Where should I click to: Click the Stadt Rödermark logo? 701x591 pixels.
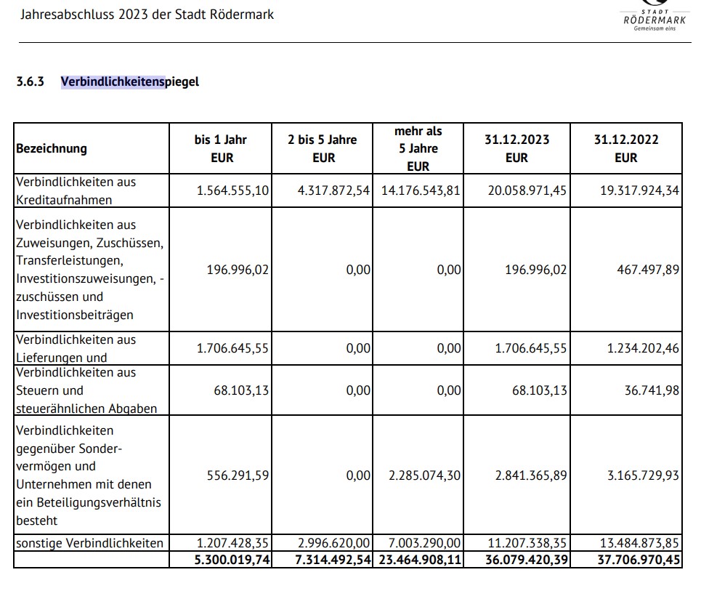[x=654, y=17]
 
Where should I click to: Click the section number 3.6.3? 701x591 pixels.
[x=31, y=81]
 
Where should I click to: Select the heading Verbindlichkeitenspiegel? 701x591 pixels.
[x=129, y=81]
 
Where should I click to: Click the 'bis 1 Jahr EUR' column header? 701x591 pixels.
[x=220, y=148]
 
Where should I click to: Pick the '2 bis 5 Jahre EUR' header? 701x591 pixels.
[x=322, y=148]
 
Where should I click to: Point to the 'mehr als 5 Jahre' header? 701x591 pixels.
[x=418, y=148]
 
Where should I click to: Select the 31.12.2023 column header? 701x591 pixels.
[x=516, y=148]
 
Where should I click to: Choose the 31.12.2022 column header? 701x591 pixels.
[x=625, y=148]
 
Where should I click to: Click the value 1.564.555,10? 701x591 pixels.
[x=232, y=190]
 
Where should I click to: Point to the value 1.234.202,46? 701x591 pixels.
[x=643, y=348]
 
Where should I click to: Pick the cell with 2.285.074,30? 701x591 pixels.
[x=425, y=475]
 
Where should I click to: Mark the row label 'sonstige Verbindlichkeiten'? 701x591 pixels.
[x=89, y=543]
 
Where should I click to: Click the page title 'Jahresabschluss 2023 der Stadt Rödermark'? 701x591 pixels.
[x=147, y=14]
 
